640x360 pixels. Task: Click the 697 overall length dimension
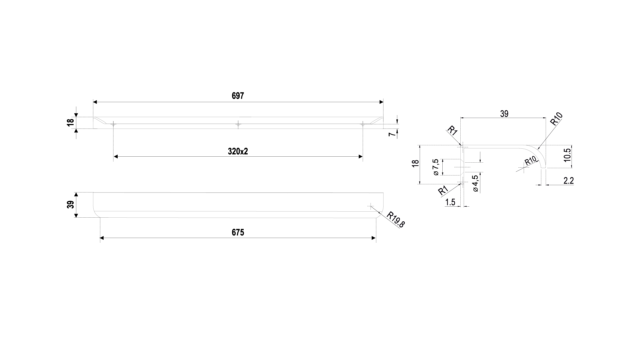click(238, 96)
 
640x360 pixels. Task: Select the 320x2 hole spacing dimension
click(238, 151)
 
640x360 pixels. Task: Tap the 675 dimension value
click(238, 232)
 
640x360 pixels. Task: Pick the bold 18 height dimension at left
click(70, 123)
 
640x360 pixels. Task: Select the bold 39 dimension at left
click(70, 205)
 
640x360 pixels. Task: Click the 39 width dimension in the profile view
click(504, 114)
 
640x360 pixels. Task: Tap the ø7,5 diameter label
click(435, 167)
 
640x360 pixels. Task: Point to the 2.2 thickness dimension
click(568, 181)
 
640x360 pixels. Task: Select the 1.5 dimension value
click(450, 202)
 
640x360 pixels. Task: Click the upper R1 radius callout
click(452, 130)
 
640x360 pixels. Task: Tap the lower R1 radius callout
click(443, 191)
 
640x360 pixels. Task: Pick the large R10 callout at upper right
click(556, 119)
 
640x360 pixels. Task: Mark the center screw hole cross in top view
click(238, 124)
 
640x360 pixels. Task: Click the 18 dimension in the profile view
click(415, 164)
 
